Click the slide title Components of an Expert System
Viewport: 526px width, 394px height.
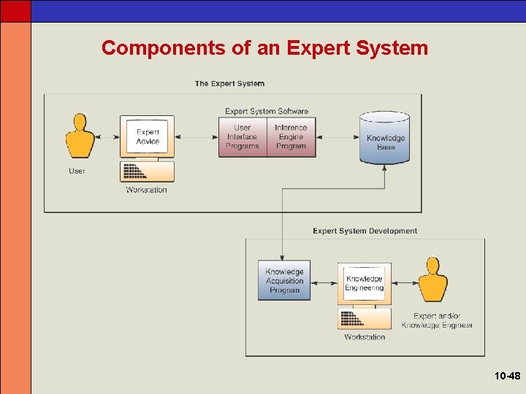point(264,48)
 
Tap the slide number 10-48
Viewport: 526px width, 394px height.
point(507,376)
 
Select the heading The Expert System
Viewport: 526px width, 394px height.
point(229,84)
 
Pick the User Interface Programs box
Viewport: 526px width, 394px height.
point(242,137)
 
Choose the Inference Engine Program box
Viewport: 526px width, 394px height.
point(291,137)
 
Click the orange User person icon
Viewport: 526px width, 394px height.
point(80,135)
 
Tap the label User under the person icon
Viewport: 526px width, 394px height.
point(77,171)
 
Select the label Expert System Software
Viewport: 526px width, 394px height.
point(267,112)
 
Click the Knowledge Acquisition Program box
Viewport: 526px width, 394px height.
point(284,281)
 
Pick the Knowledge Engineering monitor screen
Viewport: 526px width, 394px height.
point(364,283)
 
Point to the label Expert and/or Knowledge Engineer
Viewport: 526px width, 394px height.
point(437,320)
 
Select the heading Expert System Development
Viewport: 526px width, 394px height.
point(365,231)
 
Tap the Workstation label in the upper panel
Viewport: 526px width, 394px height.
point(146,190)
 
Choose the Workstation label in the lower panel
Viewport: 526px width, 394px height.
point(365,337)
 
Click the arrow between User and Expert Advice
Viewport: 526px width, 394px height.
point(107,137)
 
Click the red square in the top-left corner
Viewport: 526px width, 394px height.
point(15,10)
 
